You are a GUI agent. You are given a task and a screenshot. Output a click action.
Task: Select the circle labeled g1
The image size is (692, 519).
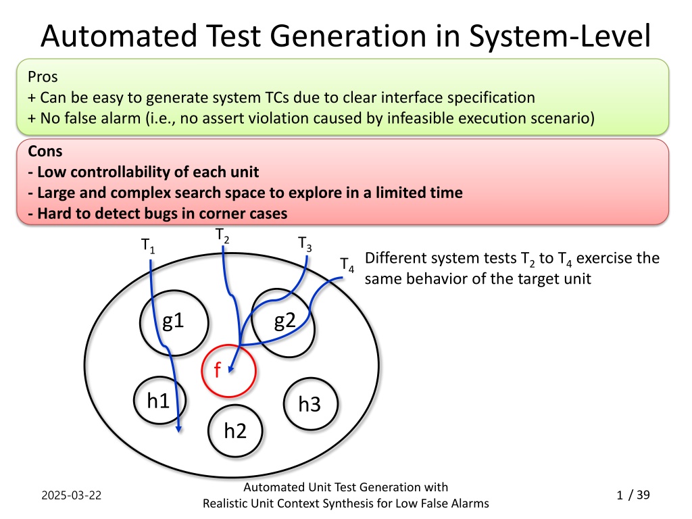[141, 322]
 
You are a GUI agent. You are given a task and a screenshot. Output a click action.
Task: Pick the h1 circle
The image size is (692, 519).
[134, 400]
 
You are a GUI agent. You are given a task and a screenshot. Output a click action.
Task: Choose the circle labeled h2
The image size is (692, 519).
[208, 430]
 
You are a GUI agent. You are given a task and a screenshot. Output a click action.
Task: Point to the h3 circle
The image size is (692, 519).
[284, 404]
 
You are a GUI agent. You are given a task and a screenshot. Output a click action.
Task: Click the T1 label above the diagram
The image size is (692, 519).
[148, 245]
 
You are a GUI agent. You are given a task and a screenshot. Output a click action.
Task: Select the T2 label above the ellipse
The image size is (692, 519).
[222, 235]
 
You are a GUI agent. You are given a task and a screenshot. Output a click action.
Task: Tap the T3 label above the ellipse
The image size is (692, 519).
[305, 243]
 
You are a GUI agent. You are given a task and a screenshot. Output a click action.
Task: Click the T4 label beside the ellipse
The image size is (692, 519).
[347, 265]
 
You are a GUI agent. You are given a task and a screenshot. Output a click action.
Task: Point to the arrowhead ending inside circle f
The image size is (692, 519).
[231, 368]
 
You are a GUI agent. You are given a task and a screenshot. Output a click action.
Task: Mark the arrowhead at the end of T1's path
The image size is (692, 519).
[178, 428]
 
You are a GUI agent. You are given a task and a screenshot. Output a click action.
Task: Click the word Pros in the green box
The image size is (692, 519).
[43, 77]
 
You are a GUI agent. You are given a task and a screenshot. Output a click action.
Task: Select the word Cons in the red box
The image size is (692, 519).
[45, 151]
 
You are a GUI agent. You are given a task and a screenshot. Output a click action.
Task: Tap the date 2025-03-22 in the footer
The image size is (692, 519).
[72, 495]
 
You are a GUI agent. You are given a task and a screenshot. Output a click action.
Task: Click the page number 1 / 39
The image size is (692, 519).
[633, 495]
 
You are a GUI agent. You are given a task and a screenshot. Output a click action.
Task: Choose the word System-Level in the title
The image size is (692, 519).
[560, 36]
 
